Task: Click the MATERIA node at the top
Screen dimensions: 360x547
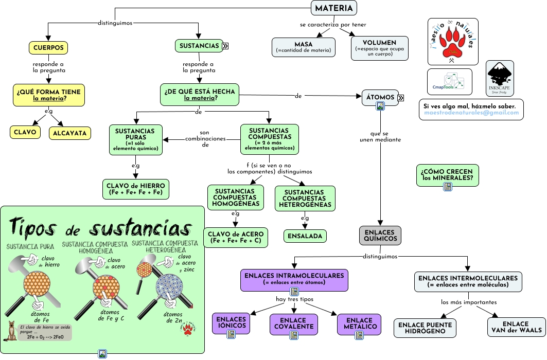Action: [334, 8]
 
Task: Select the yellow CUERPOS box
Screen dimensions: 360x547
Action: [48, 47]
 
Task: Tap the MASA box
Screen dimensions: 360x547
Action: [304, 47]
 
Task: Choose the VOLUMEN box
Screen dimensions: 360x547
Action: [379, 48]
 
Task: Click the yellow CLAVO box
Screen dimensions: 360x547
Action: [25, 132]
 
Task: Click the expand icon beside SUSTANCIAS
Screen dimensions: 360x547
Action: [225, 46]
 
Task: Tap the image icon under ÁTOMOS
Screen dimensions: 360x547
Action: [380, 106]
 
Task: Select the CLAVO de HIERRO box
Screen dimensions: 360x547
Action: [136, 189]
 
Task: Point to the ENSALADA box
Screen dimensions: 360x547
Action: [305, 236]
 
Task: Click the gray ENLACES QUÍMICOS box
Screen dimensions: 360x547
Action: [380, 236]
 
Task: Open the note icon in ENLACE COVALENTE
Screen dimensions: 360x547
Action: [294, 335]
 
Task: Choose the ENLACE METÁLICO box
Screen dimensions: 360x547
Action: [359, 323]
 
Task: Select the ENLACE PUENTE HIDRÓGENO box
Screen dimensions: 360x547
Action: [425, 328]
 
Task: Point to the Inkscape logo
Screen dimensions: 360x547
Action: [500, 78]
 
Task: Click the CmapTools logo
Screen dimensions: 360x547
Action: [449, 82]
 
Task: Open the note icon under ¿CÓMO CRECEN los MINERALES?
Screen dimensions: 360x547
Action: [448, 187]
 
